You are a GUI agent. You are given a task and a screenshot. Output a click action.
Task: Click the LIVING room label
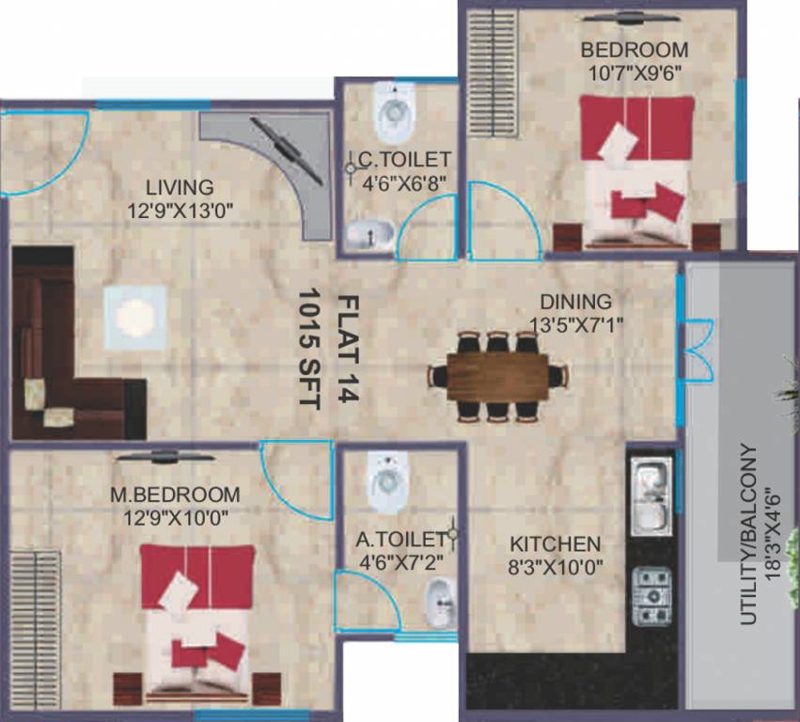click(x=179, y=187)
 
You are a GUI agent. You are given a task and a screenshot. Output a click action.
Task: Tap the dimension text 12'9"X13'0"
click(x=179, y=211)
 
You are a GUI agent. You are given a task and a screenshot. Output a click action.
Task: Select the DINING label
click(x=575, y=302)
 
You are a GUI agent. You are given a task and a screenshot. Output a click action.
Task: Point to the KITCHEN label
click(x=555, y=544)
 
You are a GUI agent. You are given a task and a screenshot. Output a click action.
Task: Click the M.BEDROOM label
click(x=175, y=494)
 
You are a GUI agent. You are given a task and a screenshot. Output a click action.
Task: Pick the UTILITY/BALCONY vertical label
click(x=749, y=534)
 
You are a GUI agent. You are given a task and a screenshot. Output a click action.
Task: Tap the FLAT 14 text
click(x=347, y=350)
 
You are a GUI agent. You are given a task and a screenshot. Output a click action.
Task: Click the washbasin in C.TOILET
click(x=369, y=235)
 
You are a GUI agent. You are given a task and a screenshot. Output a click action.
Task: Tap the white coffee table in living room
click(x=135, y=317)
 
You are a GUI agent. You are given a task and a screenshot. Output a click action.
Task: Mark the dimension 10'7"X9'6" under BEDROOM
click(x=634, y=71)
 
